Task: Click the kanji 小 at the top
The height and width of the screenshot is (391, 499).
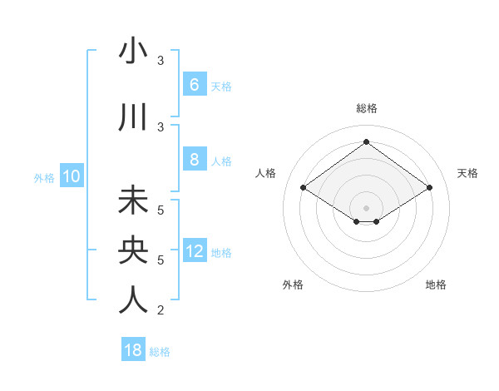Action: pos(133,52)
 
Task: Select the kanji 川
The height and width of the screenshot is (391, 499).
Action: pos(133,118)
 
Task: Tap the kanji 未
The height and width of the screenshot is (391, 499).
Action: pos(133,201)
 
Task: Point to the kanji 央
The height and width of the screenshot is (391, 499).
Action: pos(133,250)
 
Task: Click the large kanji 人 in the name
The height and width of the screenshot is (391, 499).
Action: pos(133,300)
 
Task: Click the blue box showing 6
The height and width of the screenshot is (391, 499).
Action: pos(194,85)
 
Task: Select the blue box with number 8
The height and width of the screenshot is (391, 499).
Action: pos(194,160)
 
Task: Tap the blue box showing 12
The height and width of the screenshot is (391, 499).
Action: pos(195,251)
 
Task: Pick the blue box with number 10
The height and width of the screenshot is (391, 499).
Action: pos(72,176)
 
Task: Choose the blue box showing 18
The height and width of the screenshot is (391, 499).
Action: pos(133,350)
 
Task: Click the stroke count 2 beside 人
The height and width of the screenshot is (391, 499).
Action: pos(161,310)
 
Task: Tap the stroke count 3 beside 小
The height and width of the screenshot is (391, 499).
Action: pos(161,61)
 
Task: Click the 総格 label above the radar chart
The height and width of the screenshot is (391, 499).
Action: pos(366,108)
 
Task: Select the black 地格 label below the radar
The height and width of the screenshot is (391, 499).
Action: pos(436,285)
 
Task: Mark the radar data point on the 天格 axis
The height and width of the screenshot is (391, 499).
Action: pos(429,188)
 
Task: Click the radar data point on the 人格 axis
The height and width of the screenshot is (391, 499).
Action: pos(304,188)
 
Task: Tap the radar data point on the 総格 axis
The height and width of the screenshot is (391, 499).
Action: pos(366,142)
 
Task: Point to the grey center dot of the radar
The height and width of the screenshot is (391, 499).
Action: pos(366,206)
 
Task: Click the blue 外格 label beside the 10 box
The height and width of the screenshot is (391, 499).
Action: pos(43,177)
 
